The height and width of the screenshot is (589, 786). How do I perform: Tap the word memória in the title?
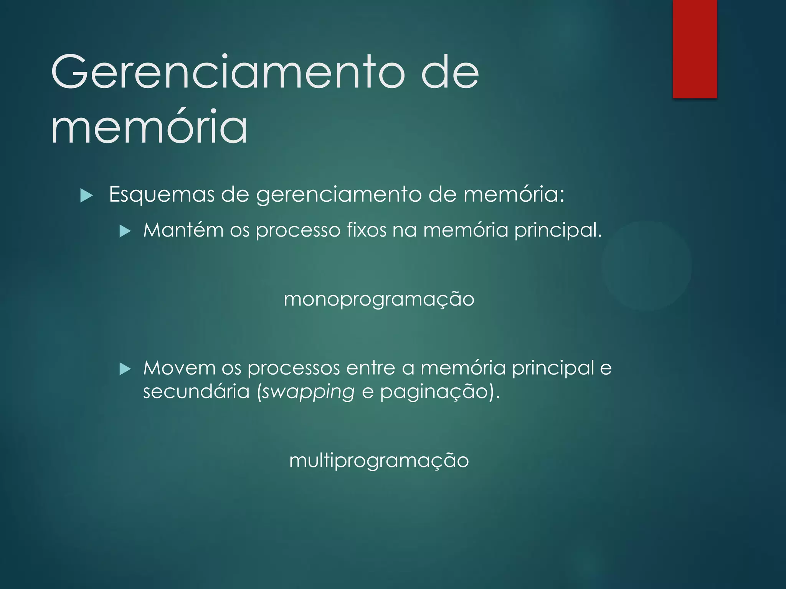pyautogui.click(x=149, y=126)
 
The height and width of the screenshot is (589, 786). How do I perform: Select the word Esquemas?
pyautogui.click(x=162, y=194)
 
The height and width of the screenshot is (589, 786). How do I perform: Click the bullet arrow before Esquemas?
pyautogui.click(x=87, y=196)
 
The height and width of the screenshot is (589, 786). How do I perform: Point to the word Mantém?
pyautogui.click(x=183, y=230)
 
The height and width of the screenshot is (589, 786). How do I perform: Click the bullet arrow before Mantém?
pyautogui.click(x=125, y=231)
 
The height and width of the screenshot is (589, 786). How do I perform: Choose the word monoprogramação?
pyautogui.click(x=379, y=299)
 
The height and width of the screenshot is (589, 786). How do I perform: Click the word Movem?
pyautogui.click(x=179, y=368)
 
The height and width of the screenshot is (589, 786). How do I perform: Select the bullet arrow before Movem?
pyautogui.click(x=125, y=369)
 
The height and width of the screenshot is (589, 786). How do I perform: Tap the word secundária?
pyautogui.click(x=196, y=392)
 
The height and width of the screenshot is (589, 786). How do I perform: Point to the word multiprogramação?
pyautogui.click(x=379, y=461)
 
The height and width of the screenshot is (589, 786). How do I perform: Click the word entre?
pyautogui.click(x=370, y=368)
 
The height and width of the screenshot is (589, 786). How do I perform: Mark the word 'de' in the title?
pyautogui.click(x=450, y=72)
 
